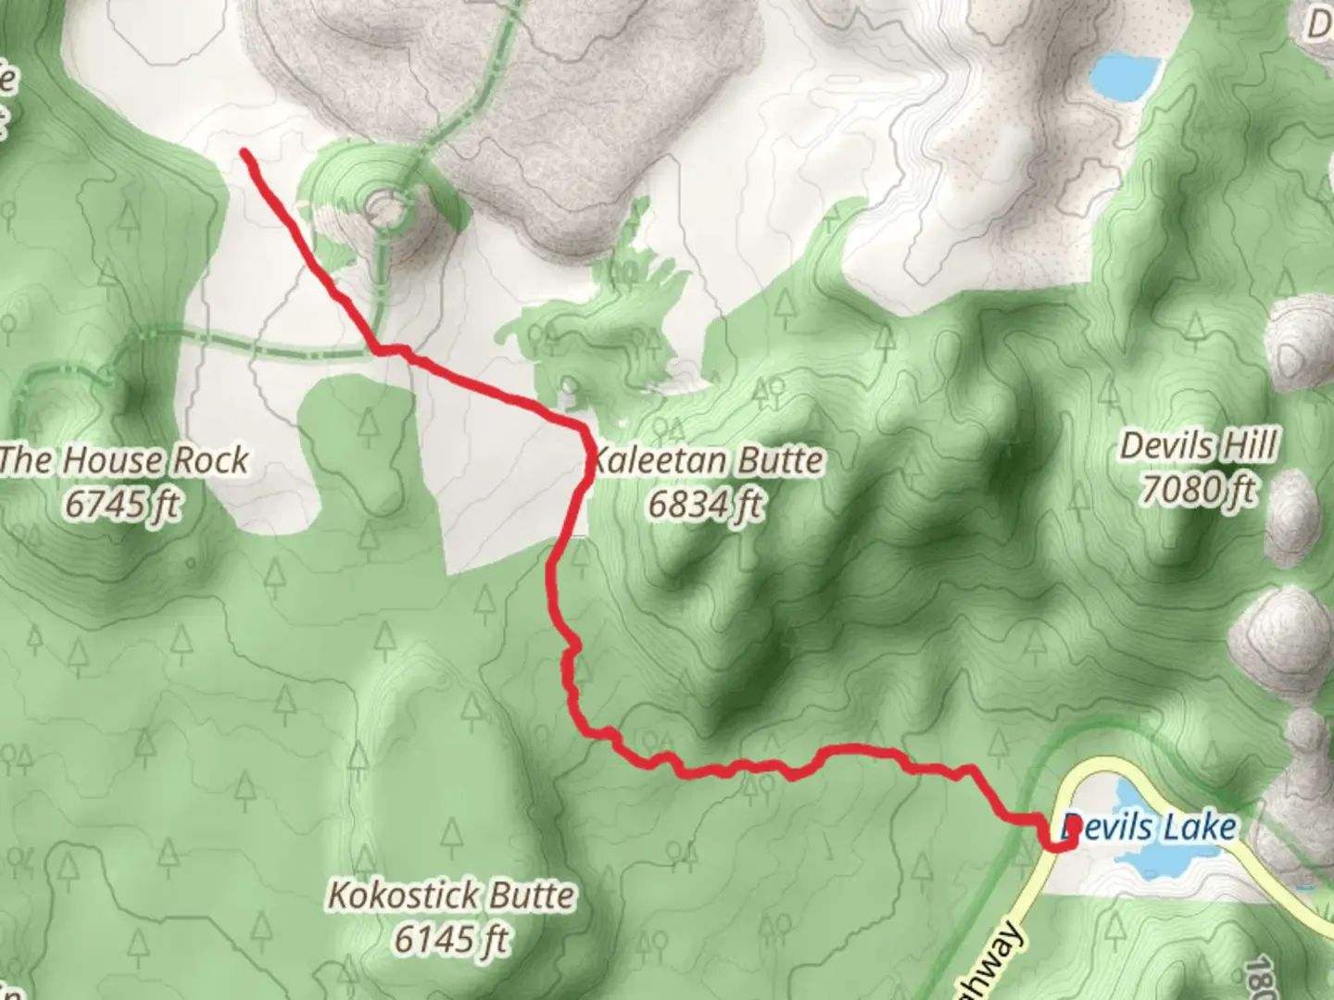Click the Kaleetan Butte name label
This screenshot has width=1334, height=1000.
707,460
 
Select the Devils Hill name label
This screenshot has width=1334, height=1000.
1199,446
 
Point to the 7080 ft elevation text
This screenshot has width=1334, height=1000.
1199,489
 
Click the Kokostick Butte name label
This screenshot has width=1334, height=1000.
451,896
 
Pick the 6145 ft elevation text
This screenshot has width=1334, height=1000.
451,940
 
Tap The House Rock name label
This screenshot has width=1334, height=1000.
123,460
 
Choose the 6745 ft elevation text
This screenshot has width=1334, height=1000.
123,505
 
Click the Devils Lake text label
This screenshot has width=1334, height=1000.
1149,827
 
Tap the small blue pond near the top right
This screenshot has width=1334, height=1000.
1125,74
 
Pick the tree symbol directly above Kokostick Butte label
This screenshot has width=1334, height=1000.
451,838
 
